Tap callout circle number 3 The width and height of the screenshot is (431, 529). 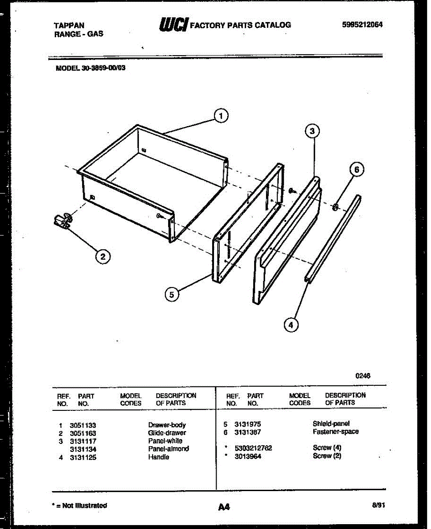click(x=312, y=131)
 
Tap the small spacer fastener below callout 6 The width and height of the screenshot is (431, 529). click(x=335, y=206)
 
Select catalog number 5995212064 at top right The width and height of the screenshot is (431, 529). click(x=362, y=25)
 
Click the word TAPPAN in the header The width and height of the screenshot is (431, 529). click(x=69, y=26)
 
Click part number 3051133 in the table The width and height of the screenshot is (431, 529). click(x=83, y=425)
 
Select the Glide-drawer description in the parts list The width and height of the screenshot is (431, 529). click(x=167, y=433)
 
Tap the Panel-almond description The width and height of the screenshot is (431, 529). click(x=168, y=449)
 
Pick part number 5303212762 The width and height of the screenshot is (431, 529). click(x=253, y=448)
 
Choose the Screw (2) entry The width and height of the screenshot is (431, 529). click(x=327, y=456)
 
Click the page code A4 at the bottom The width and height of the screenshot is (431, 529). click(x=224, y=507)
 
